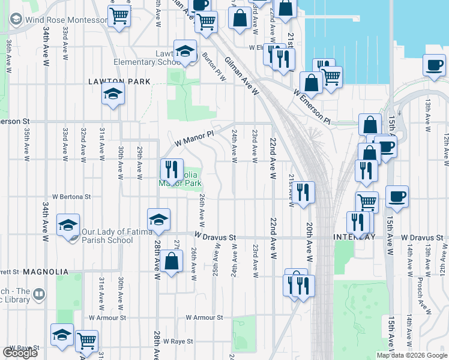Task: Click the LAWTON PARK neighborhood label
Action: pos(112,81)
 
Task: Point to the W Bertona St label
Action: pos(71,196)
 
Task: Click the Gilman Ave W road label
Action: pos(242,77)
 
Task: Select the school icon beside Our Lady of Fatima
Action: pos(68,226)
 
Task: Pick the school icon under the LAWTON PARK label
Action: pos(112,95)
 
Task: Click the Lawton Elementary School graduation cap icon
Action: pos(185,52)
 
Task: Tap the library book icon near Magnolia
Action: pos(39,294)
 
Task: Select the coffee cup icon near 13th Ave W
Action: pos(433,64)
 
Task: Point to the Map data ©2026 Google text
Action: pos(412,355)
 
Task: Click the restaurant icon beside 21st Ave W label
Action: pos(305,193)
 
